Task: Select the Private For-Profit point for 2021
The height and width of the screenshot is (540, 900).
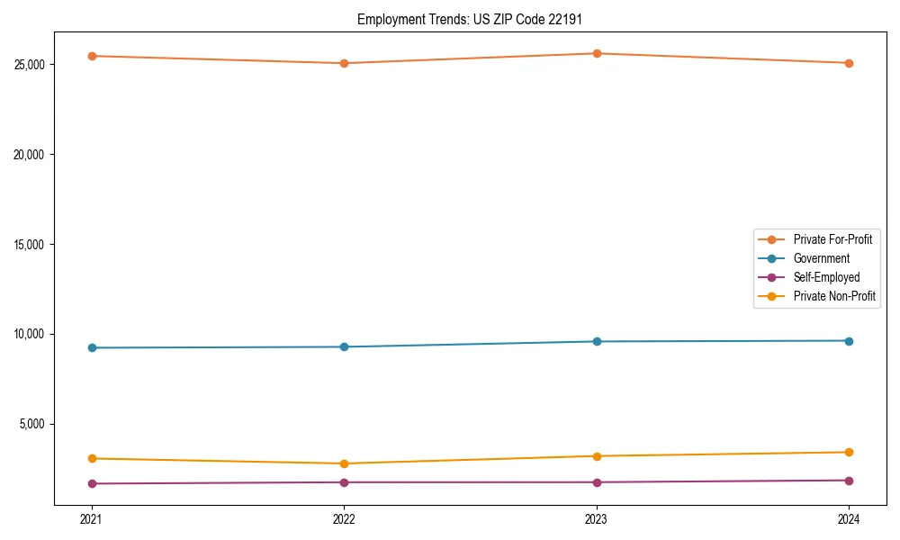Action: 92,56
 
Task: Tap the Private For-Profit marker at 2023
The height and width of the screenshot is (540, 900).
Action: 597,53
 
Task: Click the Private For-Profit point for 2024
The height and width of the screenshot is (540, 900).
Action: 849,63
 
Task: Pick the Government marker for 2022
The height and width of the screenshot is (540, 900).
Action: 344,346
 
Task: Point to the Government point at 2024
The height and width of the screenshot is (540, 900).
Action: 849,341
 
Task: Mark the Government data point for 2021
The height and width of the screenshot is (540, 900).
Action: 92,347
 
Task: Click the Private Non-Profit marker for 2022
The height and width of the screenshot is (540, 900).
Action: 344,463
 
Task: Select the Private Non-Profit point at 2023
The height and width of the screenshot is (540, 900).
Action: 597,456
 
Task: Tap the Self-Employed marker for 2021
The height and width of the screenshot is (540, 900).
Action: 92,483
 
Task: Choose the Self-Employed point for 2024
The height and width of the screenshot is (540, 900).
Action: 849,481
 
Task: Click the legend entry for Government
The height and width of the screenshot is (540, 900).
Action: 821,258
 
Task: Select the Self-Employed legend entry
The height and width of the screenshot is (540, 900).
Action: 826,277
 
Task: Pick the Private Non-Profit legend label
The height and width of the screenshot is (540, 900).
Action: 834,296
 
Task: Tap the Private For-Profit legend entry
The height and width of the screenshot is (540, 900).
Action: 832,239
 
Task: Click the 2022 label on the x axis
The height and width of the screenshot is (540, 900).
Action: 344,519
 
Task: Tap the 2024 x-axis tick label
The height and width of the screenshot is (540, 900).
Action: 849,519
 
